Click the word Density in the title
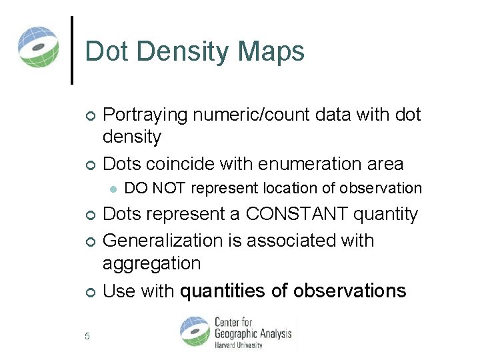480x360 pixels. pyautogui.click(x=184, y=52)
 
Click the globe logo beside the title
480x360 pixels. pyautogui.click(x=39, y=47)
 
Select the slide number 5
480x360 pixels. pyautogui.click(x=87, y=335)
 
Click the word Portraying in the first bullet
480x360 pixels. pyautogui.click(x=145, y=115)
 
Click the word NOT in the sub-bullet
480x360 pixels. pyautogui.click(x=169, y=189)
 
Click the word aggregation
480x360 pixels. pyautogui.click(x=151, y=263)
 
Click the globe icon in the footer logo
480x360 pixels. pyautogui.click(x=195, y=331)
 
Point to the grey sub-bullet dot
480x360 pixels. pyautogui.click(x=113, y=189)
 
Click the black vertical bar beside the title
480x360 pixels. pyautogui.click(x=72, y=50)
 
